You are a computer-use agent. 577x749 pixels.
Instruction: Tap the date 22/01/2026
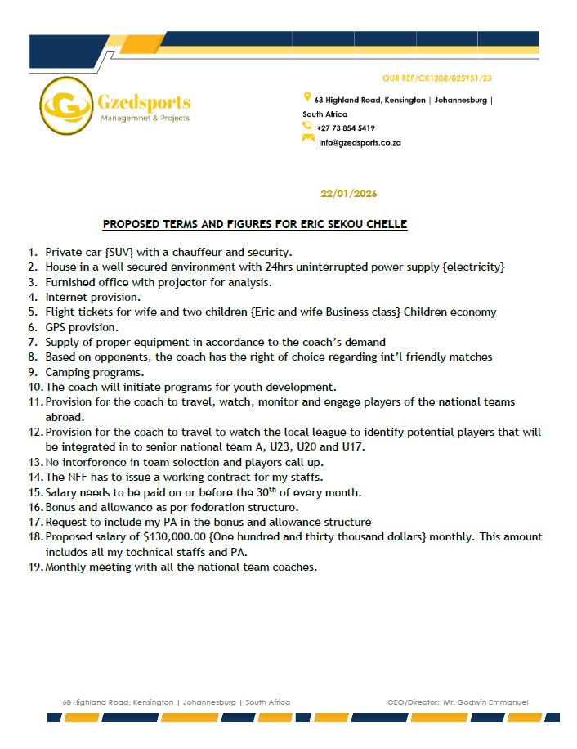click(x=349, y=194)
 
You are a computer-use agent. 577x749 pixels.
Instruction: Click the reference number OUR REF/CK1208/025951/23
click(x=442, y=78)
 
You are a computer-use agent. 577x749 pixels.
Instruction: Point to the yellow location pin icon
click(x=306, y=98)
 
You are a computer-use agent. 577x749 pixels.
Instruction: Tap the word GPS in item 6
click(x=56, y=326)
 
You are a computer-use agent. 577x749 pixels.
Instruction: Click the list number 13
click(x=34, y=462)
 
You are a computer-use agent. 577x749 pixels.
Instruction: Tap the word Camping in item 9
click(x=69, y=371)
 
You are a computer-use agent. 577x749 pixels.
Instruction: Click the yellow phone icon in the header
click(x=307, y=126)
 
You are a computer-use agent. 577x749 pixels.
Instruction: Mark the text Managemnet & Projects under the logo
click(x=144, y=119)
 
